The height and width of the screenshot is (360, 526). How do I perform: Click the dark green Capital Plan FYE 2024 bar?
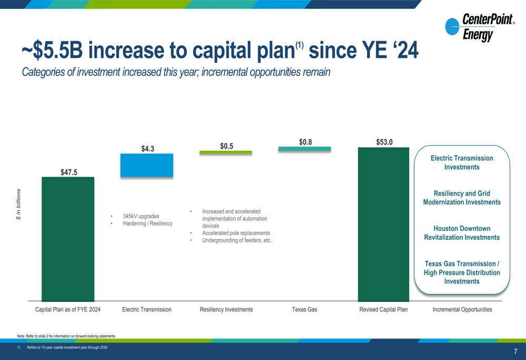pyautogui.click(x=68, y=239)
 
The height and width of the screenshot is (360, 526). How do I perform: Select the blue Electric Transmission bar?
pyautogui.click(x=147, y=165)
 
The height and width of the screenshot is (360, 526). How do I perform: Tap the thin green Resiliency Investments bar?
pyautogui.click(x=226, y=152)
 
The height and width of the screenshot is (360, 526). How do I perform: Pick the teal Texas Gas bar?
pyautogui.click(x=305, y=149)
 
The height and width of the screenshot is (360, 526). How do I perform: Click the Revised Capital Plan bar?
pyautogui.click(x=383, y=224)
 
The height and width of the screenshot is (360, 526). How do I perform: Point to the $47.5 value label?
pyautogui.click(x=69, y=172)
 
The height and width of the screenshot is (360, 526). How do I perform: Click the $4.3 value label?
pyautogui.click(x=148, y=149)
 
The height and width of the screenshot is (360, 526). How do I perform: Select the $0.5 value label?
pyautogui.click(x=226, y=146)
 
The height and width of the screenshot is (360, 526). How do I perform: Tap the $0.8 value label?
pyautogui.click(x=305, y=142)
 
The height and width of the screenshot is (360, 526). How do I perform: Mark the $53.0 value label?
pyautogui.click(x=384, y=142)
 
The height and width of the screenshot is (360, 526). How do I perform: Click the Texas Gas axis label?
pyautogui.click(x=304, y=310)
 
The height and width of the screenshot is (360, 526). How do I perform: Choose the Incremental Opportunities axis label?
pyautogui.click(x=462, y=310)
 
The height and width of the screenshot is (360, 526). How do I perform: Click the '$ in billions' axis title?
pyautogui.click(x=18, y=204)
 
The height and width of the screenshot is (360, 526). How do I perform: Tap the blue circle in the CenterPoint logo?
pyautogui.click(x=452, y=26)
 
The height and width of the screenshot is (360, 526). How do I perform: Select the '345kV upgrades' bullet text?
pyautogui.click(x=141, y=216)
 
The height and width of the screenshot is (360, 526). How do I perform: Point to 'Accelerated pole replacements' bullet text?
pyautogui.click(x=236, y=233)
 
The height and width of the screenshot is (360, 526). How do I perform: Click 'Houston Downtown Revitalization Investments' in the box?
pyautogui.click(x=462, y=233)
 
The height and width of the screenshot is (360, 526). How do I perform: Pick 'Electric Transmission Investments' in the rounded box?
pyautogui.click(x=462, y=162)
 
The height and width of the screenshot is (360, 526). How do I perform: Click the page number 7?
pyautogui.click(x=515, y=352)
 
